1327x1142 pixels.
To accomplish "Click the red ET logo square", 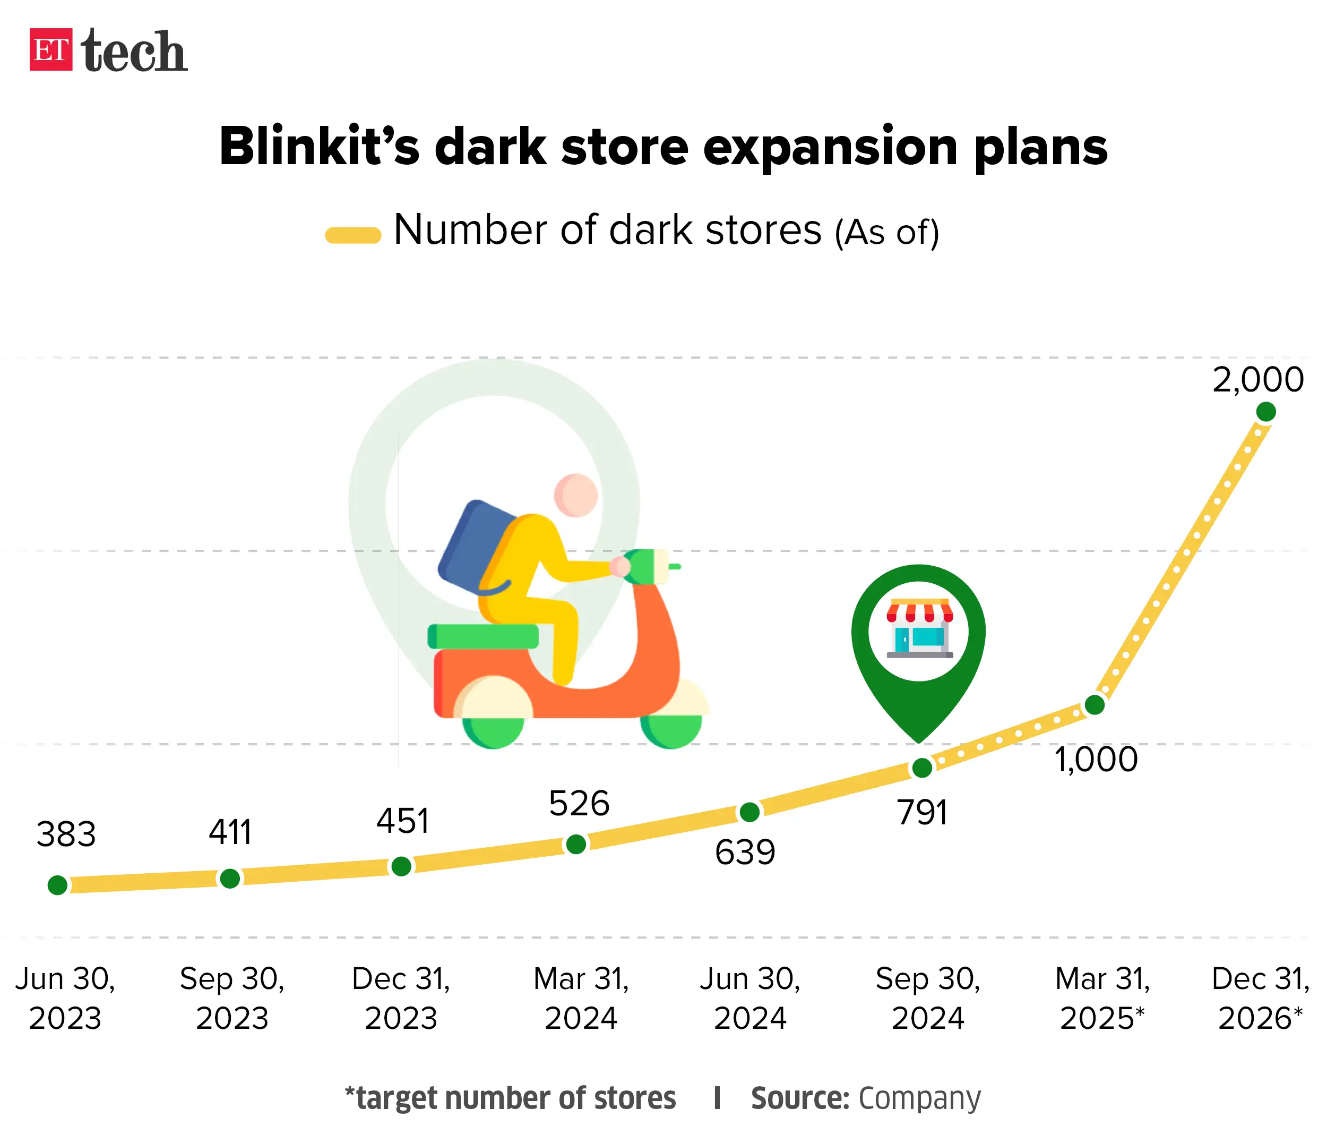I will [50, 49].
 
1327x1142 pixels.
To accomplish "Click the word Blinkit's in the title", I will [318, 147].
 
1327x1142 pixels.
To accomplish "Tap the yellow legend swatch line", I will [353, 235].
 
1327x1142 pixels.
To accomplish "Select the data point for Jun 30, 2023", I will [58, 885].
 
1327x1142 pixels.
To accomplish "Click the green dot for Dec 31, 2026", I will [1265, 412].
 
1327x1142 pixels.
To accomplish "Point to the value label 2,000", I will [1257, 379].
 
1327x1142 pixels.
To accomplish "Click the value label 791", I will [921, 813].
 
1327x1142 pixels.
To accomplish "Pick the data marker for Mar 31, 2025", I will [1095, 705].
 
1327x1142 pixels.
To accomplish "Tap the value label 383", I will [66, 834].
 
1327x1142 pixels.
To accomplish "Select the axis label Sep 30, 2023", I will [232, 998].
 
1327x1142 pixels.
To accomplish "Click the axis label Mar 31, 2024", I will [581, 998].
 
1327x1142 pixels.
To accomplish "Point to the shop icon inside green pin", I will [919, 629].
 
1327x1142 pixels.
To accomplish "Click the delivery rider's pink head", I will [576, 495].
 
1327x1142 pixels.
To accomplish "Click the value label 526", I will [579, 803].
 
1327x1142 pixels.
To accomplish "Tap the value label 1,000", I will [1096, 760].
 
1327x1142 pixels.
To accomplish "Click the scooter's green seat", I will [483, 636].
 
